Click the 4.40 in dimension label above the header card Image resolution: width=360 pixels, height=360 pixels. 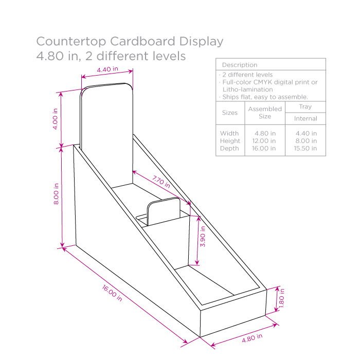click(107, 69)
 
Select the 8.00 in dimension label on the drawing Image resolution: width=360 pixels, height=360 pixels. click(56, 194)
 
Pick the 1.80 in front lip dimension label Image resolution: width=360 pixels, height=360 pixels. click(282, 299)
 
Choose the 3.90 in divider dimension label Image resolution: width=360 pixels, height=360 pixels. click(202, 236)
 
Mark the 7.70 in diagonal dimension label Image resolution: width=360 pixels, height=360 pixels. click(161, 182)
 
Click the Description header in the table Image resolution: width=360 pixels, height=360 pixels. click(239, 65)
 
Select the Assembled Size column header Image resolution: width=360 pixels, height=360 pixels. click(265, 113)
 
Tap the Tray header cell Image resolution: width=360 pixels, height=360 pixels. click(305, 106)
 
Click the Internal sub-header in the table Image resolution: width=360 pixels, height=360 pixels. click(305, 119)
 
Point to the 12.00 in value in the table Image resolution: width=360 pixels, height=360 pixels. click(265, 141)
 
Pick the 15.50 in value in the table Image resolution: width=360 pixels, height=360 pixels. click(305, 149)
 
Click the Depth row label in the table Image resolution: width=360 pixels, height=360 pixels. click(229, 149)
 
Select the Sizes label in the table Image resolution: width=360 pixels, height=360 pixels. click(230, 113)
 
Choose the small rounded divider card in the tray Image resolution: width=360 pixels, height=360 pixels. click(164, 212)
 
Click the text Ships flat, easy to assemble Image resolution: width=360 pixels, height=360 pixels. click(265, 97)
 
